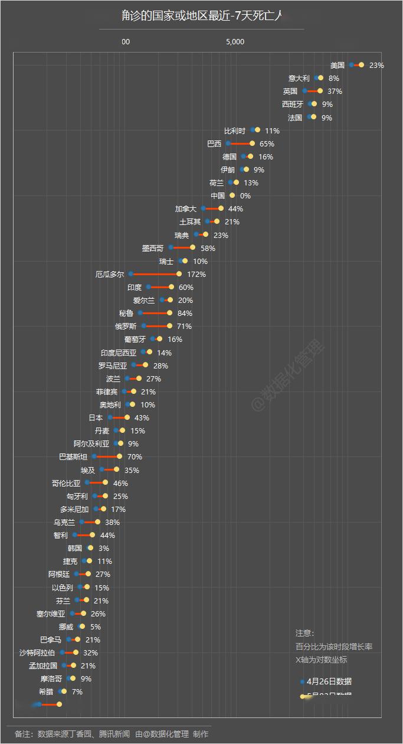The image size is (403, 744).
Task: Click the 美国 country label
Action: pyautogui.click(x=338, y=66)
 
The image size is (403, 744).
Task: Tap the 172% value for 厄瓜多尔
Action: pyautogui.click(x=196, y=275)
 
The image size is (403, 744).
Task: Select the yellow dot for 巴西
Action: pyautogui.click(x=252, y=143)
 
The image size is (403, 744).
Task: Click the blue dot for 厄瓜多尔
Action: pyautogui.click(x=131, y=275)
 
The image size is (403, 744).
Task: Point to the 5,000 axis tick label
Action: pyautogui.click(x=235, y=42)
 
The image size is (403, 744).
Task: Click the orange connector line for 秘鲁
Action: pyautogui.click(x=155, y=314)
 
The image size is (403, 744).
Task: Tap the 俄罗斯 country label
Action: pyautogui.click(x=126, y=327)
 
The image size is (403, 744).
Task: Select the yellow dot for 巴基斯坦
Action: pyautogui.click(x=119, y=457)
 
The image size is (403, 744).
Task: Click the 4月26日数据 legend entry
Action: pyautogui.click(x=329, y=681)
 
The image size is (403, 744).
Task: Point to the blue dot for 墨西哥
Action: pyautogui.click(x=171, y=248)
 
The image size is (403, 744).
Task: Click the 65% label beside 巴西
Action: pyautogui.click(x=267, y=144)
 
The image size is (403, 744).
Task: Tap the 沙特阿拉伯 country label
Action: pyautogui.click(x=37, y=653)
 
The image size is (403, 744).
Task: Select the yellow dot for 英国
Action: pyautogui.click(x=320, y=91)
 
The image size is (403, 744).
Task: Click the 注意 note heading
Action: pyautogui.click(x=305, y=634)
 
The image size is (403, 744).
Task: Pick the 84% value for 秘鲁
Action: pyautogui.click(x=185, y=314)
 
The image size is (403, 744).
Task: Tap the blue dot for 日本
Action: pyautogui.click(x=110, y=418)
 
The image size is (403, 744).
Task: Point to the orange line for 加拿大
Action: pyautogui.click(x=212, y=208)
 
